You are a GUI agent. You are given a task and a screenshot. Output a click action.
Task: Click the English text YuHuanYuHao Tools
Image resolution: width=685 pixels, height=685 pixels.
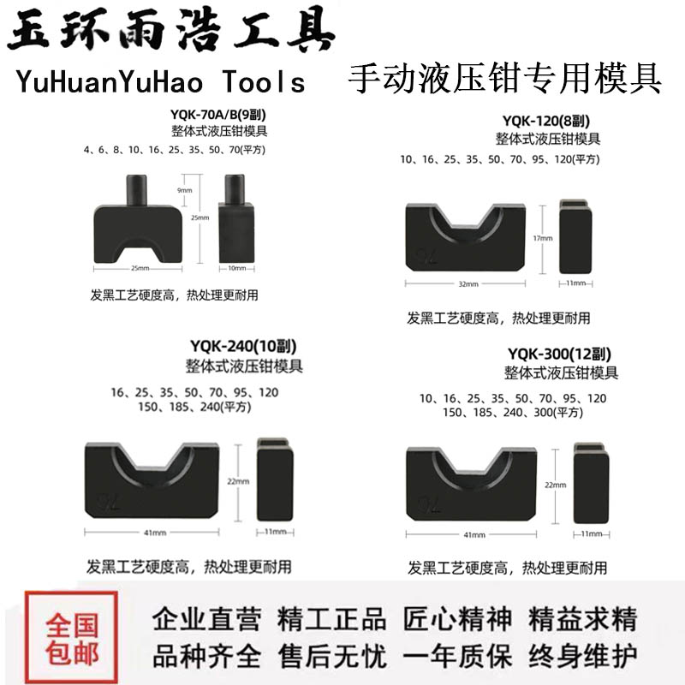click(x=160, y=81)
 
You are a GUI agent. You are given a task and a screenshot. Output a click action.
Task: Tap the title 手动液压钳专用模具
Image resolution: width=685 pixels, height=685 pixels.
click(x=504, y=80)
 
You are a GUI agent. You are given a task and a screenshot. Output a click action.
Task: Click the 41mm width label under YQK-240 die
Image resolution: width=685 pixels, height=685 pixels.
click(x=155, y=533)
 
